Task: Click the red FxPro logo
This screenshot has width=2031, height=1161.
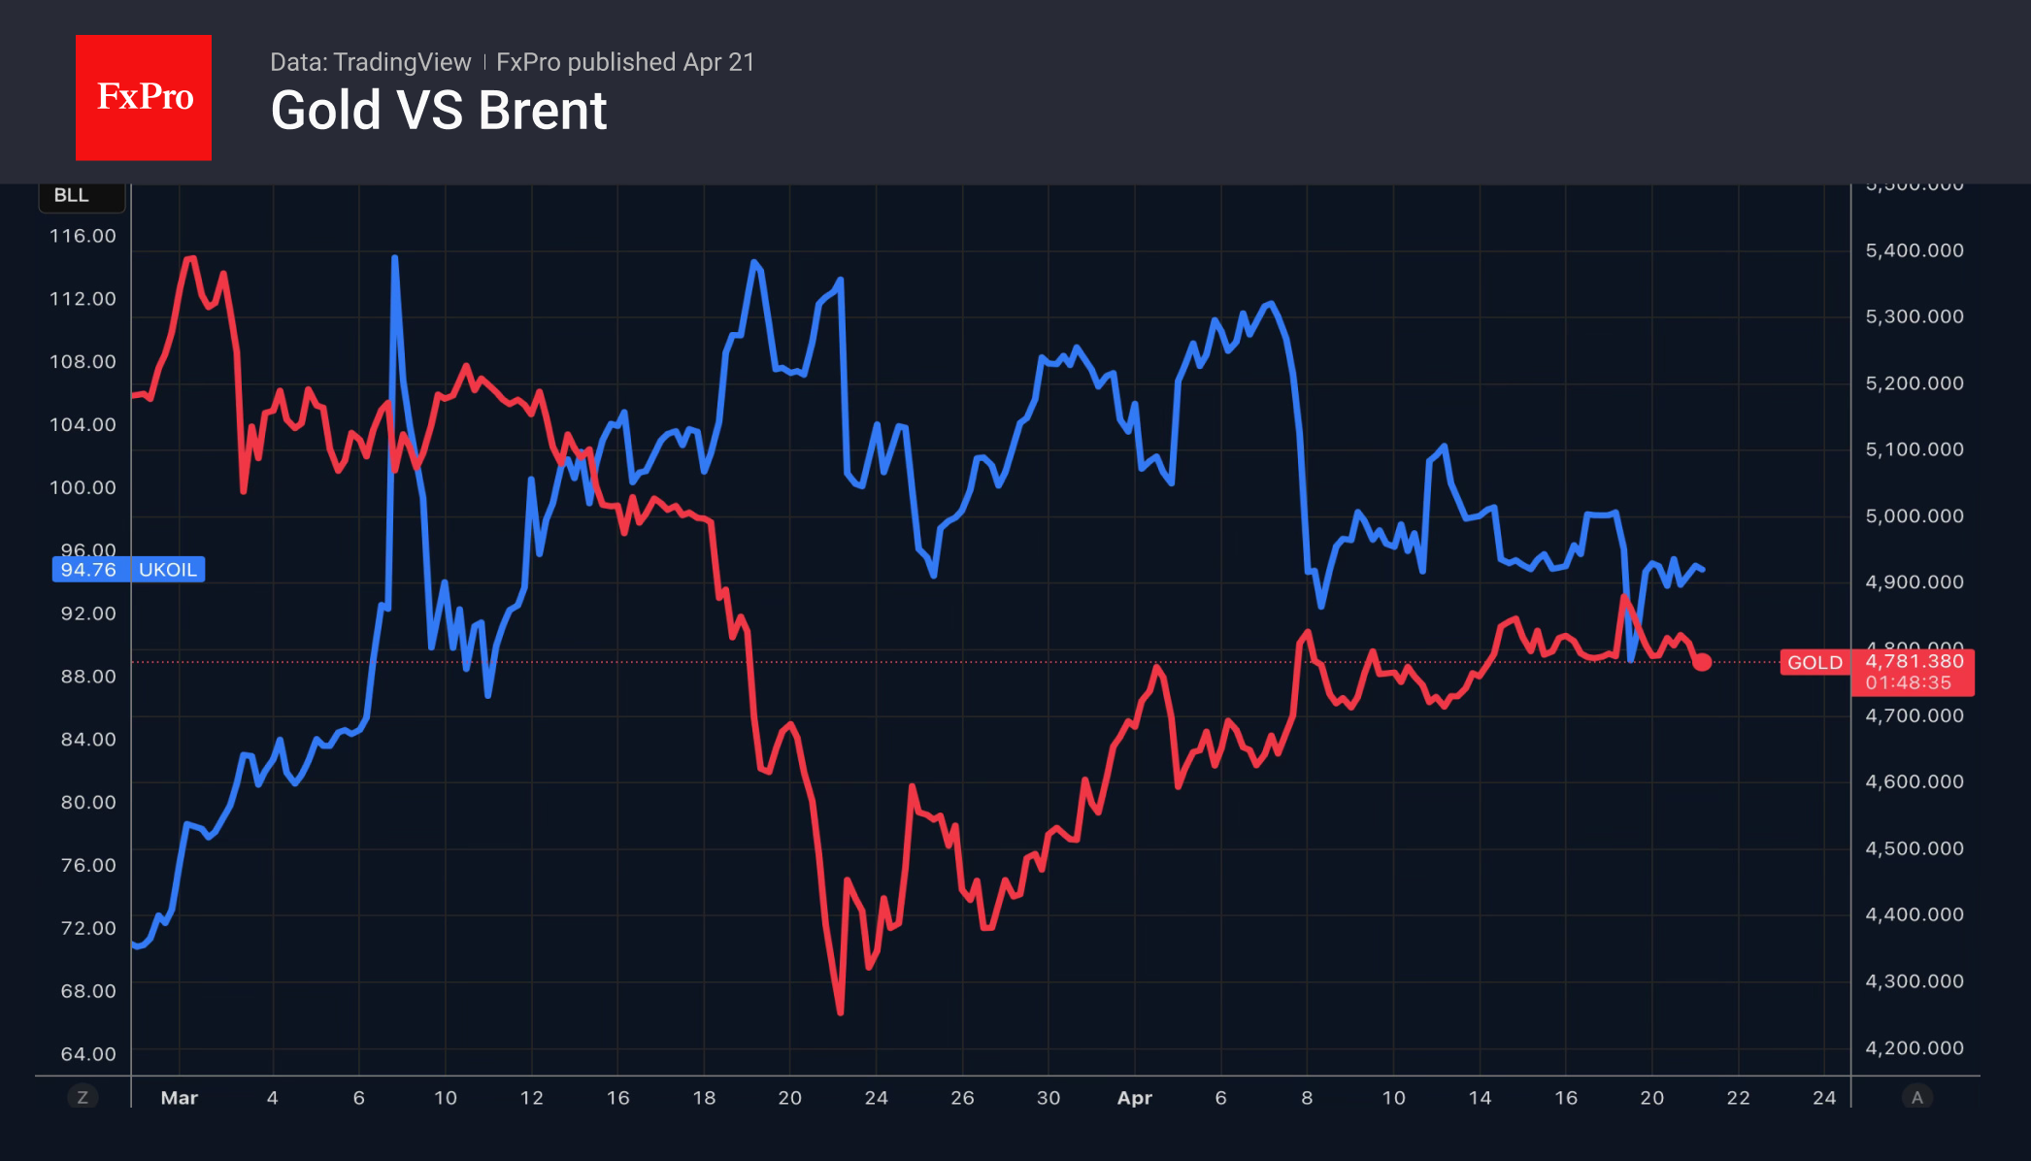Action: coord(144,97)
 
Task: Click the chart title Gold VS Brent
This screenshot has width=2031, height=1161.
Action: coord(438,111)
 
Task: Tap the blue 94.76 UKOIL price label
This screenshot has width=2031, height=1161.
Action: coord(128,570)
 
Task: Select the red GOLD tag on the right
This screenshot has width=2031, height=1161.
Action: coord(1815,663)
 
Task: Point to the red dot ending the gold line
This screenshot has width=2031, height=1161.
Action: coord(1702,662)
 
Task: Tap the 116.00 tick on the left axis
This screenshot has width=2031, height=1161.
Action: coord(83,236)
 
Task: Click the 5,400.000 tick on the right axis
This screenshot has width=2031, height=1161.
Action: coord(1914,250)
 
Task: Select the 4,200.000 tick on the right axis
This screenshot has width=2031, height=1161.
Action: coord(1914,1047)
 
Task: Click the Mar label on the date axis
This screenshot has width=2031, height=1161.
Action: coord(179,1098)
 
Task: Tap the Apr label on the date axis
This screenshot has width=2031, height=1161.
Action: coord(1134,1098)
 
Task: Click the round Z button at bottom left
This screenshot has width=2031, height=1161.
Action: coord(83,1098)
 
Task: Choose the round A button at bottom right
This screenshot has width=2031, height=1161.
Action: coord(1916,1098)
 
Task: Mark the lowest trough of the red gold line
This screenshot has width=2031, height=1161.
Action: coord(840,1012)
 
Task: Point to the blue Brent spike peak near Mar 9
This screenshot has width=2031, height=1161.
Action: coord(394,258)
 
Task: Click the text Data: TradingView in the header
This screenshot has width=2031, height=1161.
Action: coord(370,62)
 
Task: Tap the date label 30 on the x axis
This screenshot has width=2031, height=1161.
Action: coord(1048,1098)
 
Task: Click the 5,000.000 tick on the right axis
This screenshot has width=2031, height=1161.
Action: coord(1914,516)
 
